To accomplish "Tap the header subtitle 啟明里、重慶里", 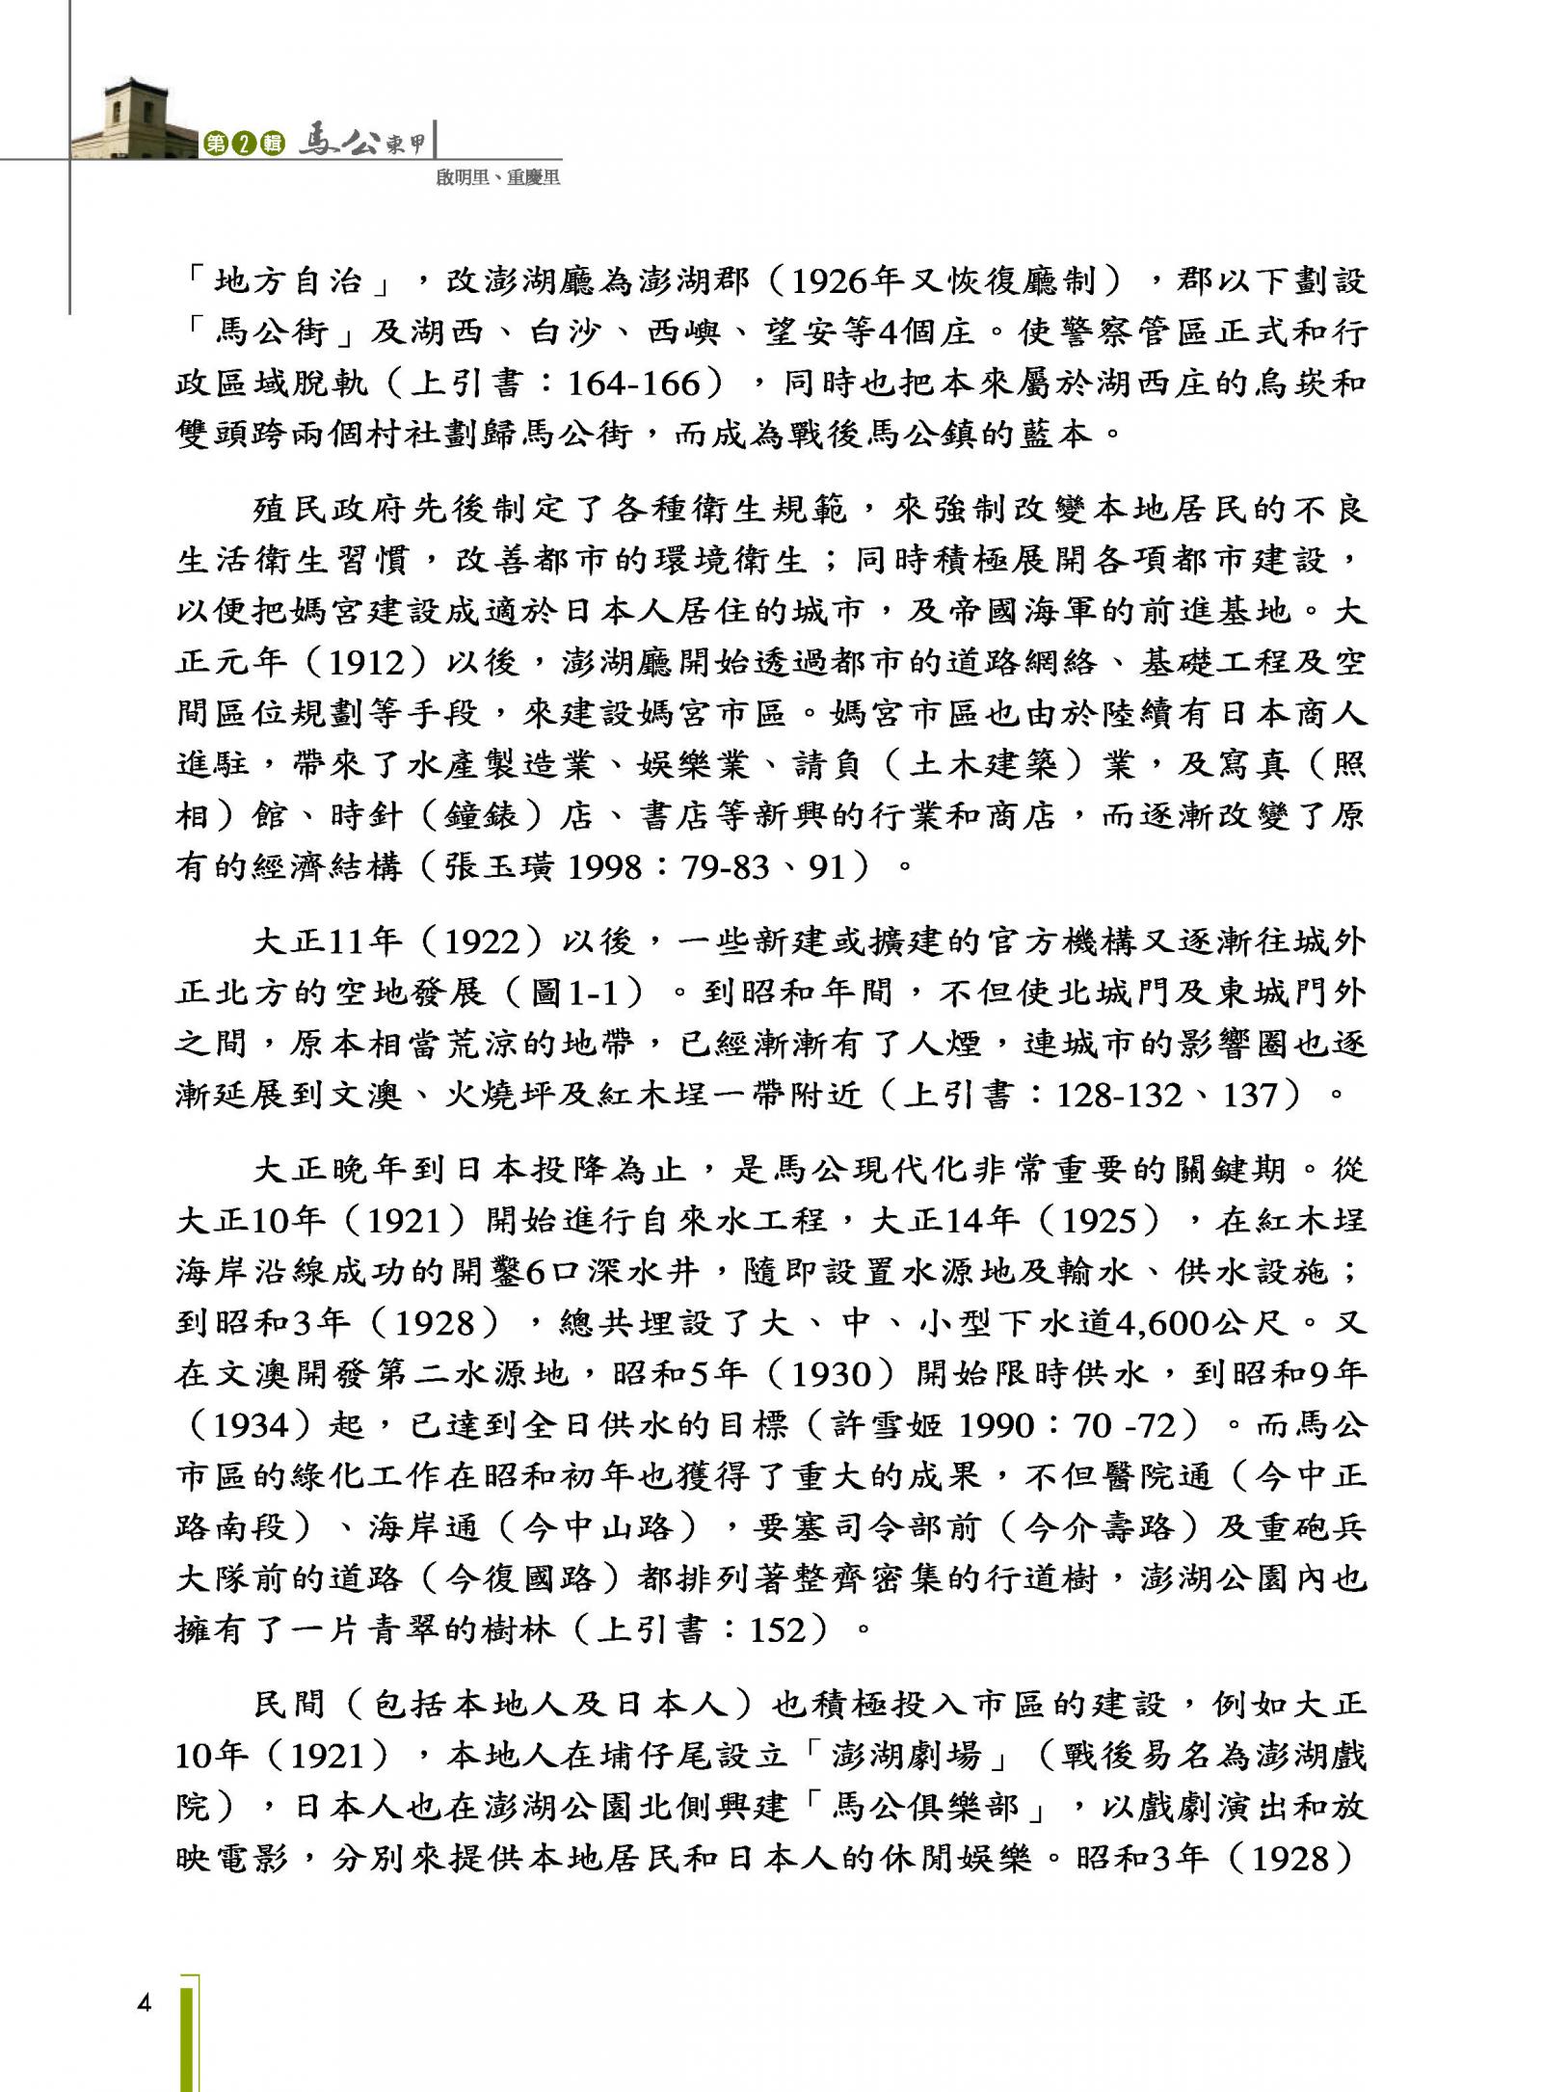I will point(497,177).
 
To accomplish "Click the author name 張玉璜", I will point(498,867).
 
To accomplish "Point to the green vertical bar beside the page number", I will point(190,2033).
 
